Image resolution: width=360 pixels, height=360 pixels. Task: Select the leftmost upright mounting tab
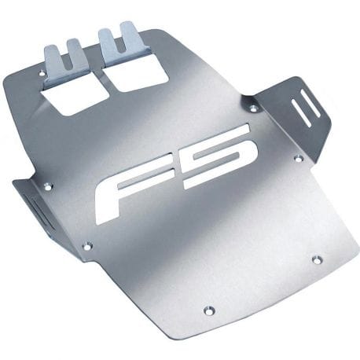(52, 63)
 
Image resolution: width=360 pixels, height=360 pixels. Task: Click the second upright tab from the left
(77, 57)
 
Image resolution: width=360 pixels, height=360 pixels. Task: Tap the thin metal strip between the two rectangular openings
(105, 84)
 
